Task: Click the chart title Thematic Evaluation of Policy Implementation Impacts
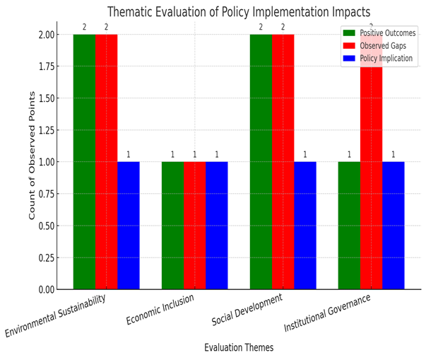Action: point(238,12)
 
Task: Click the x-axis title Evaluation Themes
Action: point(238,347)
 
